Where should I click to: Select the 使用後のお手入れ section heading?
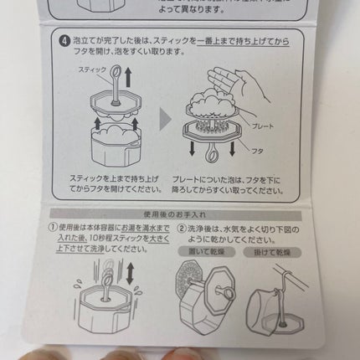(180, 213)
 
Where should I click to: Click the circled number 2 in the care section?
(186, 229)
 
